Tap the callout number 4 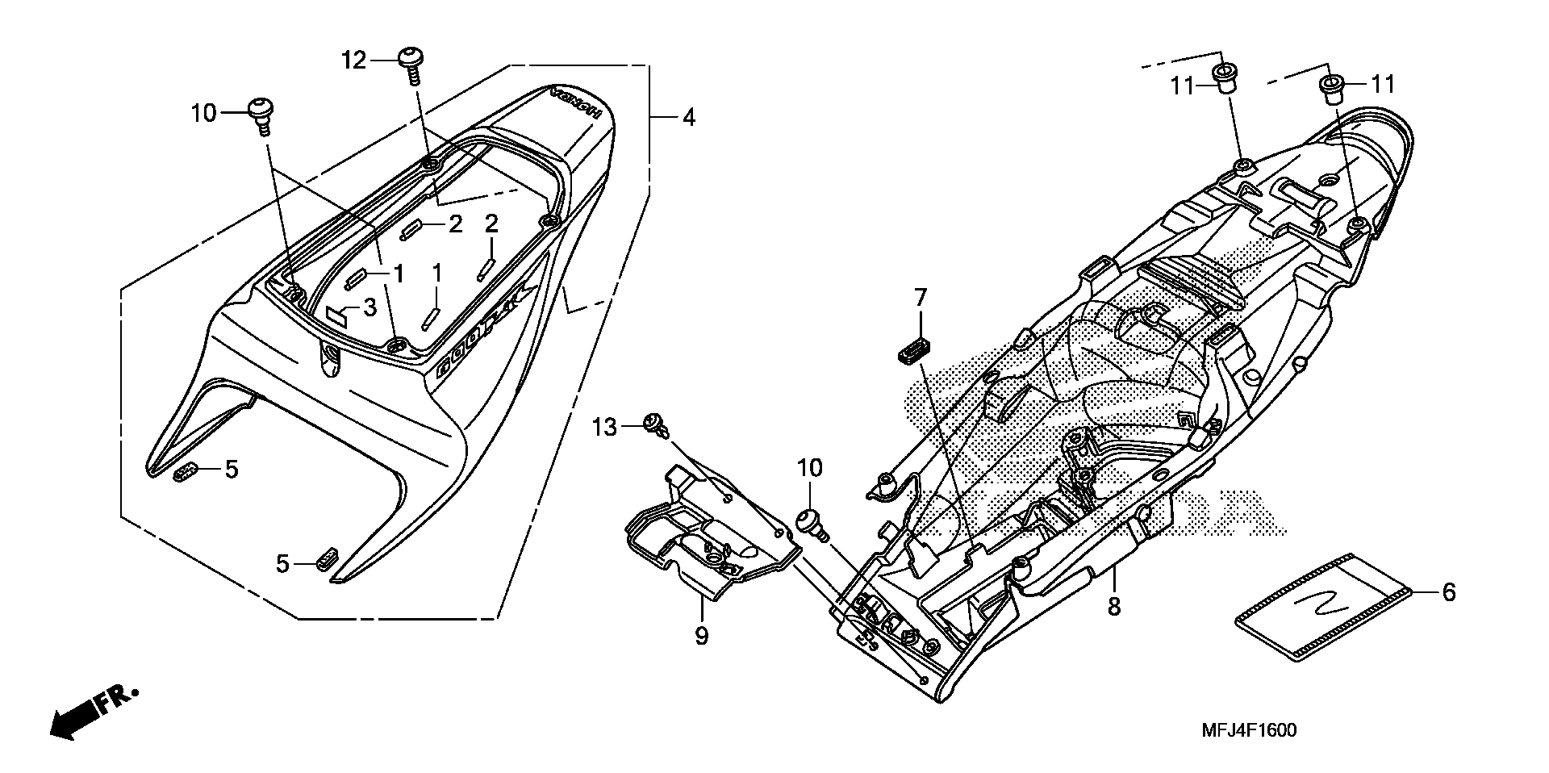click(x=687, y=117)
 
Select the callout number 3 click(x=370, y=307)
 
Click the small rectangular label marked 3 click(x=337, y=313)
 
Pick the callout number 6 click(x=1448, y=593)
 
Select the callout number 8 click(x=1113, y=606)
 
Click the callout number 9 click(x=701, y=636)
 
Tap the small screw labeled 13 click(x=653, y=424)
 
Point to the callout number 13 click(x=604, y=426)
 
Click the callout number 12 click(x=353, y=60)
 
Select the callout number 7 click(x=921, y=298)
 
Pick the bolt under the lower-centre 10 click(x=811, y=522)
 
